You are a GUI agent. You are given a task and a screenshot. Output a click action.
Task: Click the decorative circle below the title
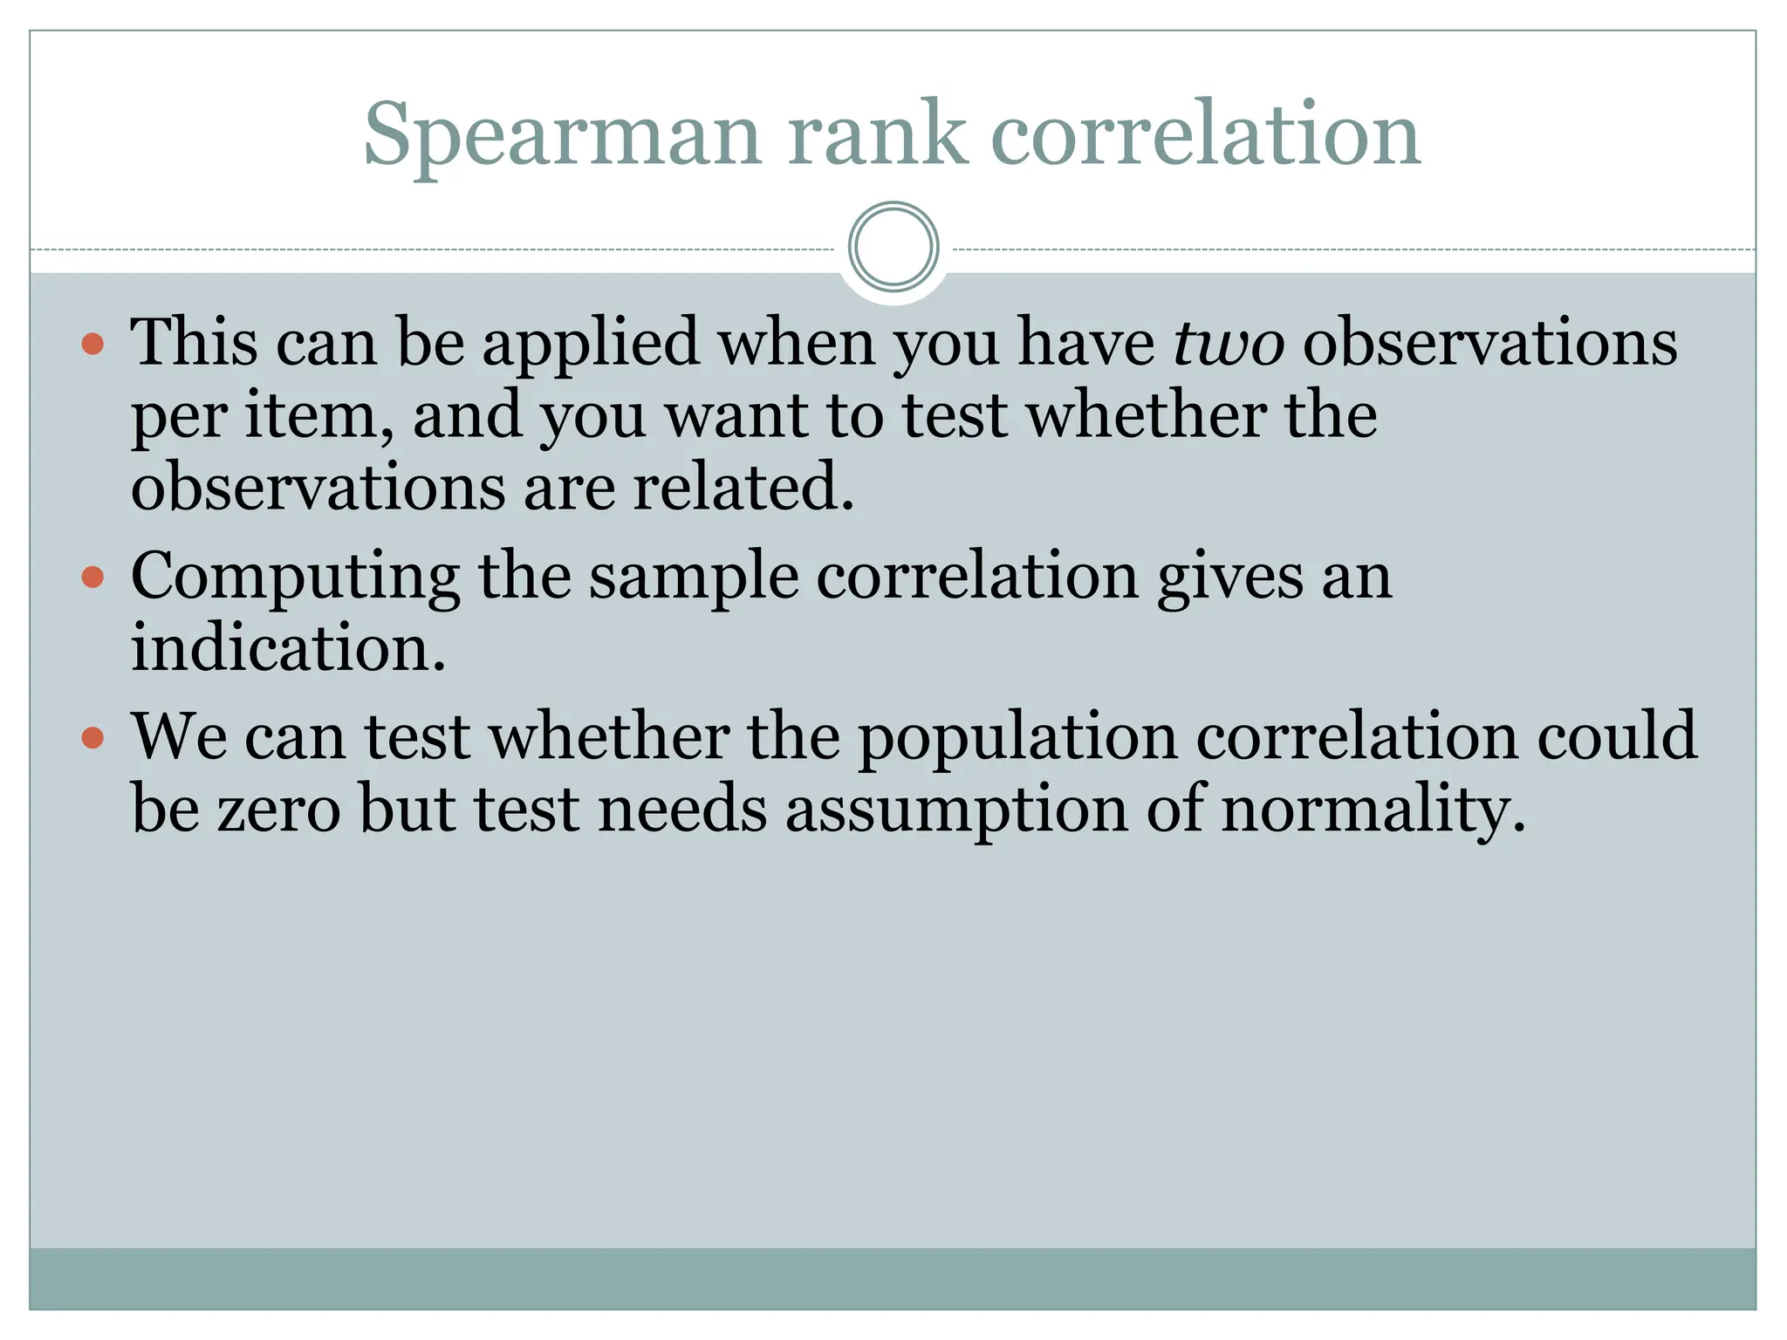click(x=893, y=247)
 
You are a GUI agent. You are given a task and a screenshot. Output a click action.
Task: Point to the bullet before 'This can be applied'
click(x=92, y=344)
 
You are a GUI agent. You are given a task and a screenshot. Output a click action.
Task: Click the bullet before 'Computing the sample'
click(x=92, y=577)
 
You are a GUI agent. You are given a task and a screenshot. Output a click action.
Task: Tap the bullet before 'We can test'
click(x=92, y=738)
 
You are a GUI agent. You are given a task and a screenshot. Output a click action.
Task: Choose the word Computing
click(x=295, y=578)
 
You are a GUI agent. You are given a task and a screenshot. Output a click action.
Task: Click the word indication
click(x=288, y=648)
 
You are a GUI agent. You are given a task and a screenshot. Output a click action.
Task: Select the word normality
click(x=1373, y=810)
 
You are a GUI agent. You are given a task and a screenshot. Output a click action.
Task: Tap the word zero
click(x=278, y=810)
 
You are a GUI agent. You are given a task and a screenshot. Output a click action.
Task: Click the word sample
click(x=693, y=578)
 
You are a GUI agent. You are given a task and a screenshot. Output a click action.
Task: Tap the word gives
click(x=1229, y=578)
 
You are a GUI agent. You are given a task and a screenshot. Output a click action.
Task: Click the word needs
click(x=682, y=810)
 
